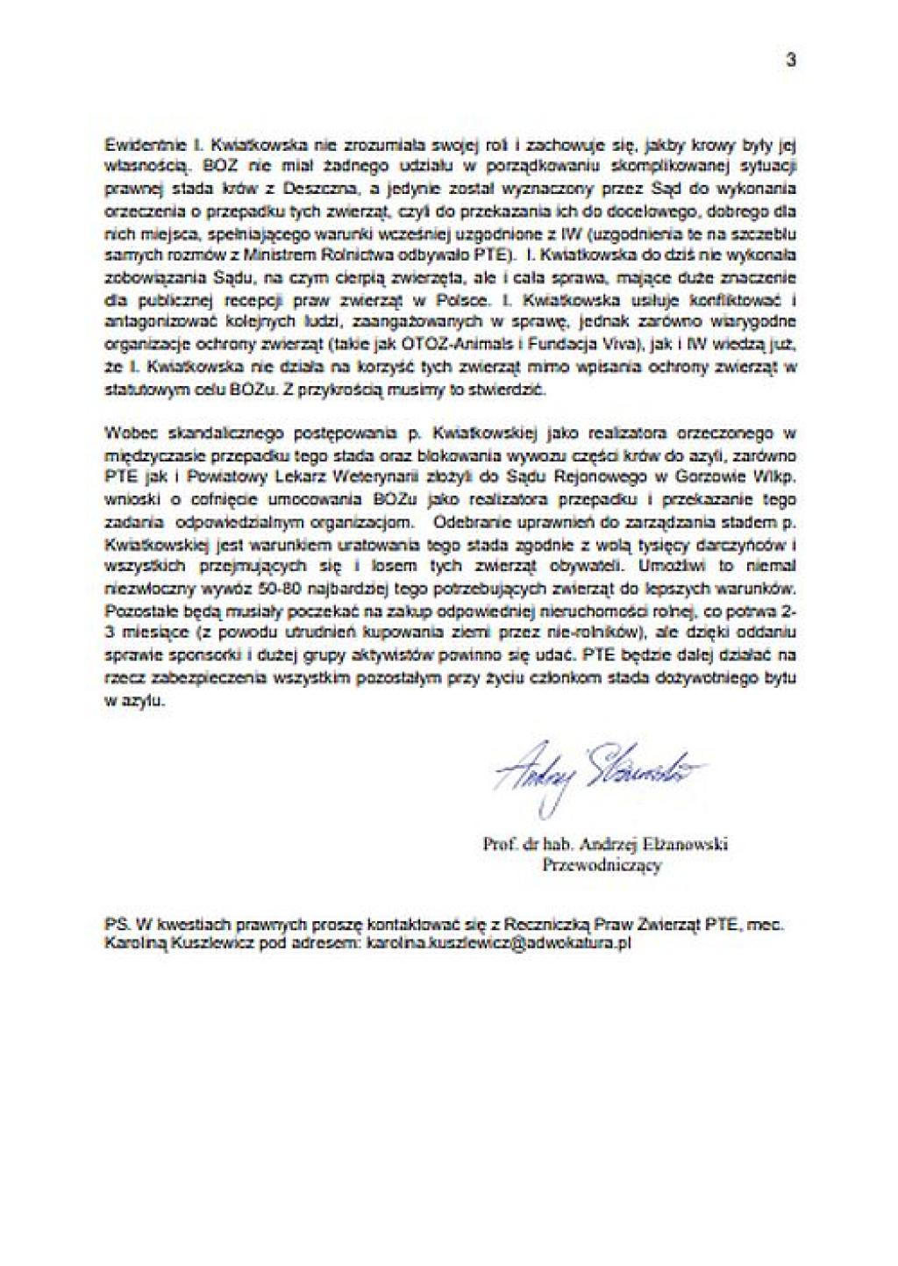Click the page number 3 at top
pyautogui.click(x=790, y=61)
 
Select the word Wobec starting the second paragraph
pyautogui.click(x=126, y=433)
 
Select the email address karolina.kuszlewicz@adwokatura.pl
pyautogui.click(x=498, y=944)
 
